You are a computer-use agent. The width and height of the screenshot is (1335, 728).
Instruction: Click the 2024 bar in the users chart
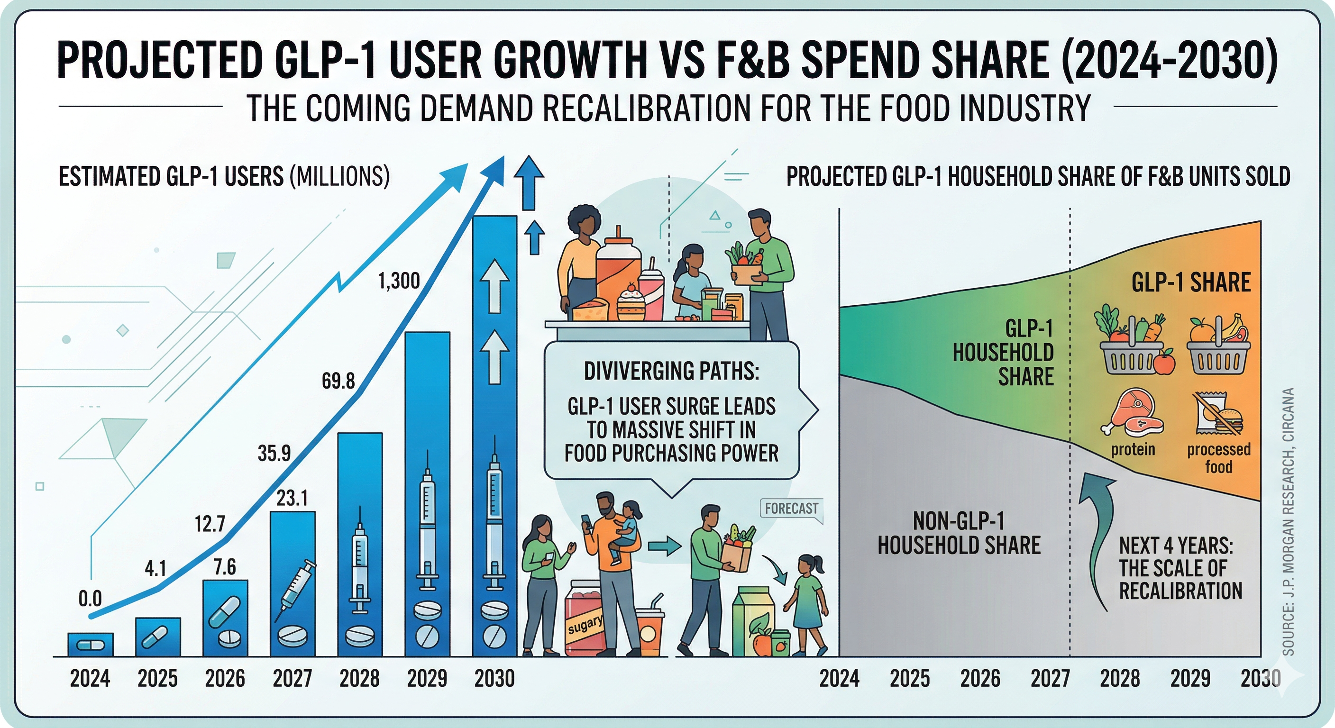click(x=90, y=645)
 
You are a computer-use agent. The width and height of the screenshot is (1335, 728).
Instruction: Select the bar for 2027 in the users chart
click(x=293, y=583)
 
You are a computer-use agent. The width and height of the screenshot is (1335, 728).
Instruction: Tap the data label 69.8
click(x=338, y=382)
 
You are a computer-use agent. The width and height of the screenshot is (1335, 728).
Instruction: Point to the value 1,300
click(x=399, y=282)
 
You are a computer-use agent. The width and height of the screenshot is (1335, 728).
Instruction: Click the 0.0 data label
click(x=90, y=599)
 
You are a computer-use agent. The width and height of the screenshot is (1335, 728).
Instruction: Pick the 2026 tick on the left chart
click(x=225, y=679)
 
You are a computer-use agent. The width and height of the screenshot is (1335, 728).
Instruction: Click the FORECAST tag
click(x=791, y=508)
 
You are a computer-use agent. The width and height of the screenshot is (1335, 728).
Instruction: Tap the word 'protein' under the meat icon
click(x=1133, y=449)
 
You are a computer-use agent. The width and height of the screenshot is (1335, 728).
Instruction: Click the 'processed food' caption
click(x=1219, y=458)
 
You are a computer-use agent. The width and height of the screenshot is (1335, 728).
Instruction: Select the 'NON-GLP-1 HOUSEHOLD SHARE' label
click(x=959, y=533)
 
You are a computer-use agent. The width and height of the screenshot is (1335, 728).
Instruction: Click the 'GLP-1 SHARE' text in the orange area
click(x=1191, y=283)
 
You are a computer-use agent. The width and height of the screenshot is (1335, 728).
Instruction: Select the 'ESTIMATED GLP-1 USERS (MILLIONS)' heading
click(x=224, y=177)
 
